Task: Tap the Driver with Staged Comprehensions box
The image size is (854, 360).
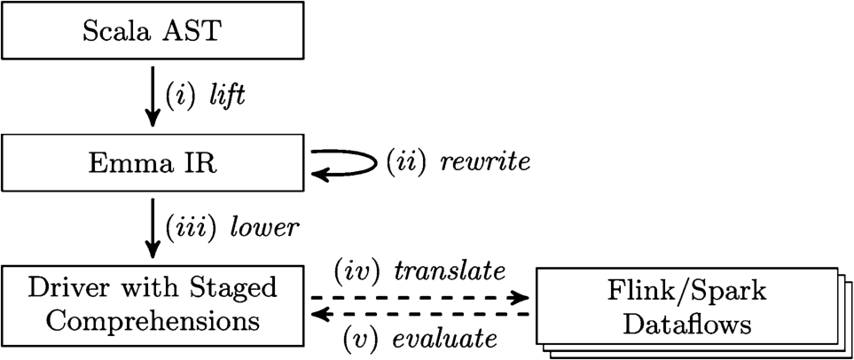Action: pyautogui.click(x=153, y=304)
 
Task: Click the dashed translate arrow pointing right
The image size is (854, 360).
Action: pyautogui.click(x=418, y=296)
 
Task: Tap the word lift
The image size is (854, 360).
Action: pyautogui.click(x=226, y=96)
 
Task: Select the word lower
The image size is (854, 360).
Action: pyautogui.click(x=265, y=227)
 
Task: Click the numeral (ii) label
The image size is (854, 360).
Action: pyautogui.click(x=403, y=163)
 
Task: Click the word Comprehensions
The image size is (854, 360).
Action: pyautogui.click(x=153, y=319)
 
